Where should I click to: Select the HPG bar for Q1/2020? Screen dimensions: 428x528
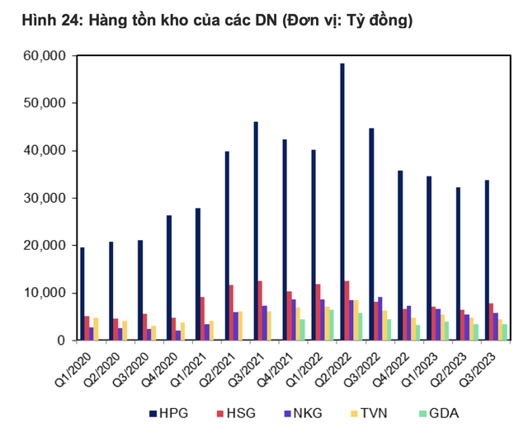pos(82,294)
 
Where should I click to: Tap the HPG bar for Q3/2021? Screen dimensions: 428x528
pos(256,231)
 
